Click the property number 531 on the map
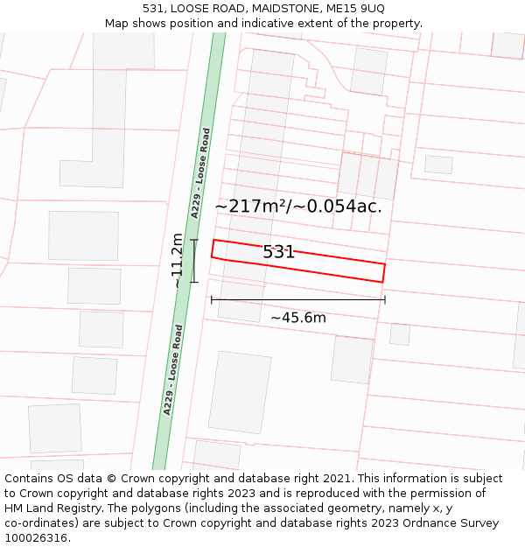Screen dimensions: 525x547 click(279, 252)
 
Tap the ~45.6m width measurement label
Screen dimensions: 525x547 click(297, 318)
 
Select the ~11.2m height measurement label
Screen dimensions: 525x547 click(178, 260)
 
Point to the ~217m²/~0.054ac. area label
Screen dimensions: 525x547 click(298, 207)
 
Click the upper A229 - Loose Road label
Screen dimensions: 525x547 click(200, 173)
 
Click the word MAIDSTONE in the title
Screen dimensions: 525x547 click(269, 8)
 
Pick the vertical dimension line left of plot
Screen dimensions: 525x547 click(194, 261)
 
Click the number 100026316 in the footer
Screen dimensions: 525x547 click(37, 538)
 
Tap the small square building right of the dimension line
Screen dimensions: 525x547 click(400, 334)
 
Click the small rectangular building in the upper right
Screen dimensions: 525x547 click(438, 165)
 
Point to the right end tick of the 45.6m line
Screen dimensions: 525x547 click(384, 300)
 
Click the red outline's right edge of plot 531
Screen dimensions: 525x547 click(384, 272)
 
